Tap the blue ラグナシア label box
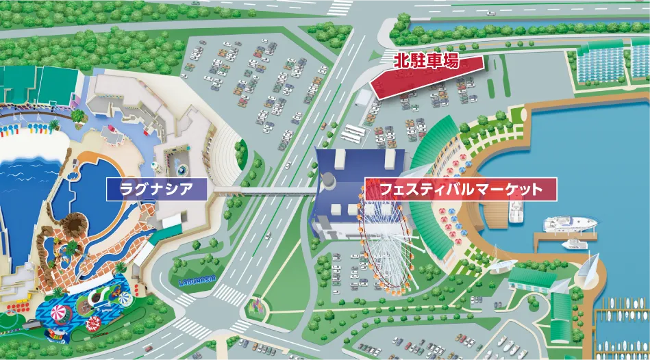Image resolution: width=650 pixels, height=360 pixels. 156,189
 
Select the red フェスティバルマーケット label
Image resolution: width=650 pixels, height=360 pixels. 460,189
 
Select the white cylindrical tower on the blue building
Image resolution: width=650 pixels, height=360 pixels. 329,182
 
